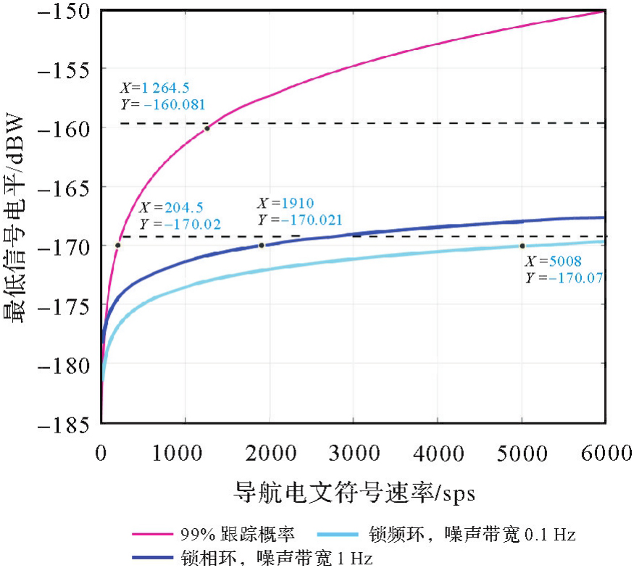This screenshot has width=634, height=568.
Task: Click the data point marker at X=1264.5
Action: tap(207, 128)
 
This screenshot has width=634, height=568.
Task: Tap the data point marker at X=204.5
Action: tap(118, 245)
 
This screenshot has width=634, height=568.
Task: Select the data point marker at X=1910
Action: tap(262, 245)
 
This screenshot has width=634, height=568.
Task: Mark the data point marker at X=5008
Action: tap(522, 246)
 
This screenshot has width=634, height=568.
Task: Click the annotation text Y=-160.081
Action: tap(162, 104)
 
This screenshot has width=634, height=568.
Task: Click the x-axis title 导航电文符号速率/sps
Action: tap(353, 492)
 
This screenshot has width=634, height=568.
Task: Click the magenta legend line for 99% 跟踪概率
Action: tap(153, 535)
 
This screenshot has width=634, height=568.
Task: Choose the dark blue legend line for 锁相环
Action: tap(153, 559)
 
